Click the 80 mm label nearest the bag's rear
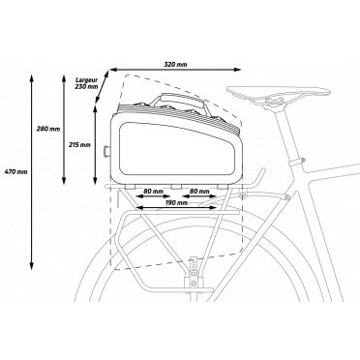point(152,191)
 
